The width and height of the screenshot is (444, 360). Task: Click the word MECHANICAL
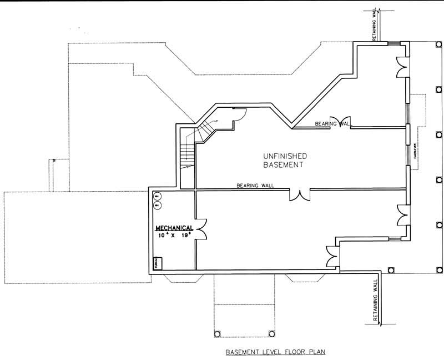tap(174, 228)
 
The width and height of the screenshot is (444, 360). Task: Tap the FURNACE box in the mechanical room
tap(157, 263)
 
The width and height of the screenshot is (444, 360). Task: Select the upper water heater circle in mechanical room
tap(157, 196)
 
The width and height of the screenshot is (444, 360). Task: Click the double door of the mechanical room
tap(200, 228)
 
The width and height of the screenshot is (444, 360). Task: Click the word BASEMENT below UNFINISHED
tap(284, 165)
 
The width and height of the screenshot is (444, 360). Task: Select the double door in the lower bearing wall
tap(300, 194)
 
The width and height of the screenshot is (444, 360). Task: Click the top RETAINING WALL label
tap(375, 25)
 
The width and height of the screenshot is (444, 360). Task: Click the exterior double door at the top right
tap(401, 68)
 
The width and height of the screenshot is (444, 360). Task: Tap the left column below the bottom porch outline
tap(217, 334)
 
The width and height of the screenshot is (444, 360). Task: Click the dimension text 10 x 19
tap(174, 235)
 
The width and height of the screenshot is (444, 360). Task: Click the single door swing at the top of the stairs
tap(238, 115)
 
